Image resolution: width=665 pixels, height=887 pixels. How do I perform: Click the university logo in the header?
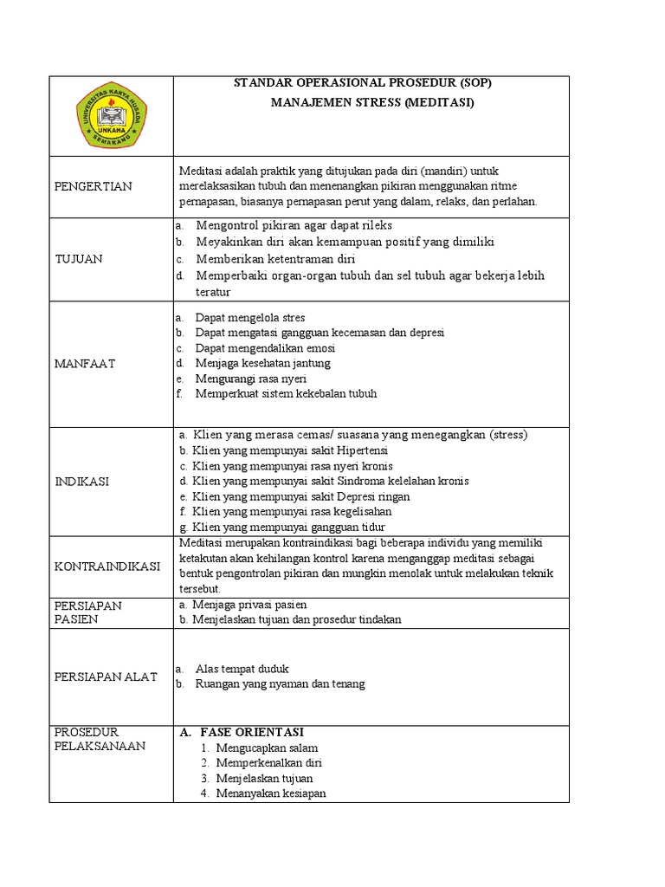(x=112, y=116)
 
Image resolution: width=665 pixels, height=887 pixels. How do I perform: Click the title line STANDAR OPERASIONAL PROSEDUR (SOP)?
(x=368, y=83)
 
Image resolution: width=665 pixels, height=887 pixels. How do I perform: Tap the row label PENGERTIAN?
(x=93, y=186)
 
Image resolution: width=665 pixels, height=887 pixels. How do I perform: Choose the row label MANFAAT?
(x=85, y=364)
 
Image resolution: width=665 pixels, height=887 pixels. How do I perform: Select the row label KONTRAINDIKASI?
(x=107, y=567)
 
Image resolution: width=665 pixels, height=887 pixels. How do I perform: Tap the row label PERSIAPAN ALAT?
(x=106, y=677)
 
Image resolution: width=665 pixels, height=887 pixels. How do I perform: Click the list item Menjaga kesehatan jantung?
(x=262, y=363)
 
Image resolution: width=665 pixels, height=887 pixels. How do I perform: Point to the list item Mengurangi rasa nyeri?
(x=251, y=379)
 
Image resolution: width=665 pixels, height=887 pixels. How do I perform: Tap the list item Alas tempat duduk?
(x=242, y=669)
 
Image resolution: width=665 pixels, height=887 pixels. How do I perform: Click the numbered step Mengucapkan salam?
(x=267, y=748)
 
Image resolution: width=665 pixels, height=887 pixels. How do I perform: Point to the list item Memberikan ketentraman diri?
(x=275, y=258)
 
